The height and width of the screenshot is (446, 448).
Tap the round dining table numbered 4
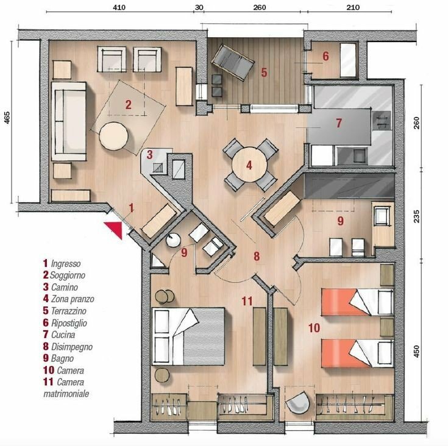click(x=249, y=165)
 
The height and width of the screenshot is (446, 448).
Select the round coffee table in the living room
click(x=113, y=136)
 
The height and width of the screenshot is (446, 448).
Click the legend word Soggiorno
click(x=68, y=275)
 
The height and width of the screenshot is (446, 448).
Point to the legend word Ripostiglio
click(x=69, y=323)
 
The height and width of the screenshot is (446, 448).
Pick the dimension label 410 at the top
click(x=119, y=7)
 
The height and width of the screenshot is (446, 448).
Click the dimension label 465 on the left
click(x=7, y=118)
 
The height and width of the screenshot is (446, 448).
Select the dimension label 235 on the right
click(x=416, y=216)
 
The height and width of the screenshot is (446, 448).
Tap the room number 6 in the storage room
click(x=325, y=56)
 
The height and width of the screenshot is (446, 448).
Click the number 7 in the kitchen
click(x=339, y=123)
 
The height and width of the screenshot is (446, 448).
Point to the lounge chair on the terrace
click(x=233, y=63)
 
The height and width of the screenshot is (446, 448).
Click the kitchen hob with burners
click(x=382, y=120)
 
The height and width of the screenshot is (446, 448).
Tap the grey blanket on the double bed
click(x=204, y=336)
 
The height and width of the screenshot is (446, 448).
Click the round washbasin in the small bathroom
click(x=173, y=239)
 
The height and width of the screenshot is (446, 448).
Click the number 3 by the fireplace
click(x=150, y=155)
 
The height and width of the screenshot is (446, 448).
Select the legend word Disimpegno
click(x=72, y=347)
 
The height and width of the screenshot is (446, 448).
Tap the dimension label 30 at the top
click(x=199, y=7)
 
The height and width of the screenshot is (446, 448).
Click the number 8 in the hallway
click(x=257, y=256)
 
